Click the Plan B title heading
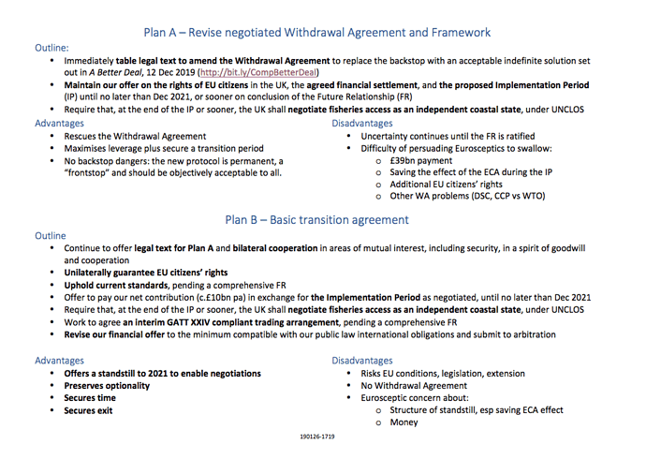tap(316, 220)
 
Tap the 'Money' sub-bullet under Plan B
tap(404, 422)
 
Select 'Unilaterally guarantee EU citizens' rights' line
tap(149, 272)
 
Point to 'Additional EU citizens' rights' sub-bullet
tap(447, 185)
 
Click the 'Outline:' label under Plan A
tap(51, 47)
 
